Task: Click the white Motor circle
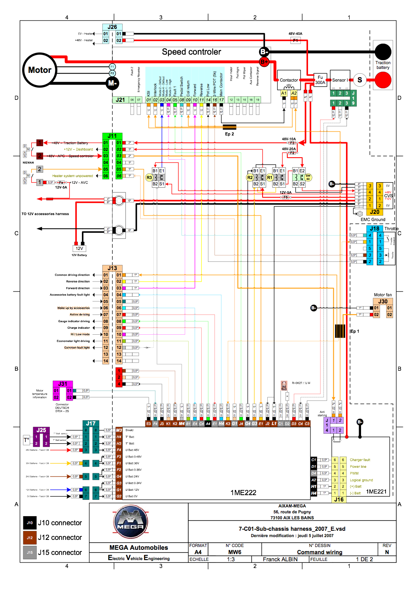tap(40, 70)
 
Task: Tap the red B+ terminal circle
tap(264, 61)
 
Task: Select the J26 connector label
tap(112, 27)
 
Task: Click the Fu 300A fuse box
tap(320, 80)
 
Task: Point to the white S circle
tap(359, 80)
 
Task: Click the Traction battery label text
tap(383, 65)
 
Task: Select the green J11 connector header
tap(112, 136)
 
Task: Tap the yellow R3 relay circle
tap(149, 177)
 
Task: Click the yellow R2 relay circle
tap(250, 177)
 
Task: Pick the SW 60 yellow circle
tap(308, 177)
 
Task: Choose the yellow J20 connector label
tap(374, 212)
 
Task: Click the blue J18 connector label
tap(374, 229)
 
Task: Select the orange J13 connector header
tap(112, 268)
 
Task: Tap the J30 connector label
tap(383, 301)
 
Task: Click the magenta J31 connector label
tap(63, 384)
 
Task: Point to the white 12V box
tap(79, 248)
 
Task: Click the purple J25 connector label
tap(41, 430)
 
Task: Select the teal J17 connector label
tap(91, 423)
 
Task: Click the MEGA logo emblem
tap(131, 522)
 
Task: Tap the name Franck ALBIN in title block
tap(280, 559)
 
